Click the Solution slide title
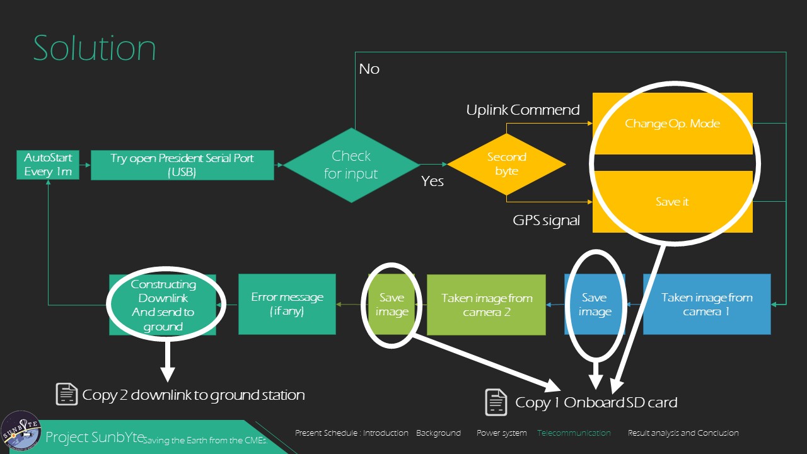tap(95, 49)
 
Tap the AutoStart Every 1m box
tap(48, 165)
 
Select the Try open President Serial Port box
tap(182, 165)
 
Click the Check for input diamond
tap(351, 165)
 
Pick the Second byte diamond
tap(506, 164)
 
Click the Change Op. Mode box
tap(672, 124)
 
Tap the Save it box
tap(672, 202)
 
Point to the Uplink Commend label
tap(523, 110)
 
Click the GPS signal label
tap(546, 221)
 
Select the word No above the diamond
tap(369, 69)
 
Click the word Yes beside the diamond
tap(433, 182)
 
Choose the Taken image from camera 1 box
tap(707, 304)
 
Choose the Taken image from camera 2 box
tap(486, 305)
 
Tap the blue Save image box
tap(595, 304)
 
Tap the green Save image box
tap(392, 304)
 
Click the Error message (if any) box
tap(287, 303)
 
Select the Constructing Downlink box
tap(163, 305)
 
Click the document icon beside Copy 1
tap(496, 402)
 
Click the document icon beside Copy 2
tap(67, 394)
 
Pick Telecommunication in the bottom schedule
tap(574, 433)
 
